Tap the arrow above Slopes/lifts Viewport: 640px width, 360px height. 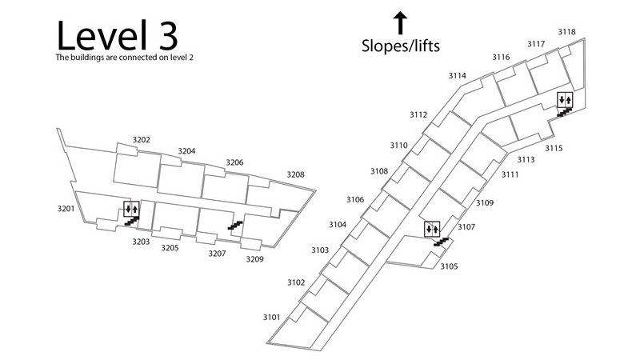[399, 22]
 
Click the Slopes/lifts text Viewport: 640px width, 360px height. [399, 46]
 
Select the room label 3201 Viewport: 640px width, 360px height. [66, 209]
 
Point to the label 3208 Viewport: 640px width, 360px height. [295, 174]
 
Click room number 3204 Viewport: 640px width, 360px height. [186, 151]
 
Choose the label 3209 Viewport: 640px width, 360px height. [254, 259]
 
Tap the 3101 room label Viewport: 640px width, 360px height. [271, 318]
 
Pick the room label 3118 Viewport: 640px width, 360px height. [566, 32]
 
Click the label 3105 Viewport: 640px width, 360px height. [449, 266]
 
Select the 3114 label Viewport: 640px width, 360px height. [457, 76]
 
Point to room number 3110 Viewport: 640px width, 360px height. [399, 146]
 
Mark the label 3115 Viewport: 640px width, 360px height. [554, 148]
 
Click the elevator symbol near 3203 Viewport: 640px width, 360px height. [131, 210]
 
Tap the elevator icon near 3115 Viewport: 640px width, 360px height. [564, 100]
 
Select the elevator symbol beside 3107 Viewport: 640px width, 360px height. [432, 230]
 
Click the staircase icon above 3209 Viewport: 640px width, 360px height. [235, 227]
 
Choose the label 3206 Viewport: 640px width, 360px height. [234, 162]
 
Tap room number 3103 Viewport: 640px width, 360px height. [320, 250]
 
